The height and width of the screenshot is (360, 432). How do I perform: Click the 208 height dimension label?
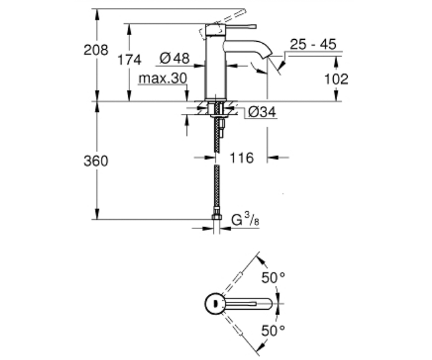coord(96,50)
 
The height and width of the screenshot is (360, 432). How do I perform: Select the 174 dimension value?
coord(129,60)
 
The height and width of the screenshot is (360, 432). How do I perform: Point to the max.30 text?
coord(163,78)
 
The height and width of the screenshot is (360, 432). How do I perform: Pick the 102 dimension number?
coord(336,79)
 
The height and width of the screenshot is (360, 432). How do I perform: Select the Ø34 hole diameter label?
coord(262,112)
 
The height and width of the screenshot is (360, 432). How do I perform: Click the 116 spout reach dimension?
coord(242,158)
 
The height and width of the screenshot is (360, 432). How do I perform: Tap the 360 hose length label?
coord(96,161)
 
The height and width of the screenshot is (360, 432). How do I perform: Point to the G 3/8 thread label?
coord(245,220)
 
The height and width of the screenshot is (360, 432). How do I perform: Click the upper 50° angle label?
coord(273,278)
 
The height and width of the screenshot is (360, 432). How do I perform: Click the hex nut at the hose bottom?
coord(217,217)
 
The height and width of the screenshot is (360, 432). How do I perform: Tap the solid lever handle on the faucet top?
coord(240,27)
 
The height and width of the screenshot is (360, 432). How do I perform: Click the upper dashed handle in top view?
coord(232,283)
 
